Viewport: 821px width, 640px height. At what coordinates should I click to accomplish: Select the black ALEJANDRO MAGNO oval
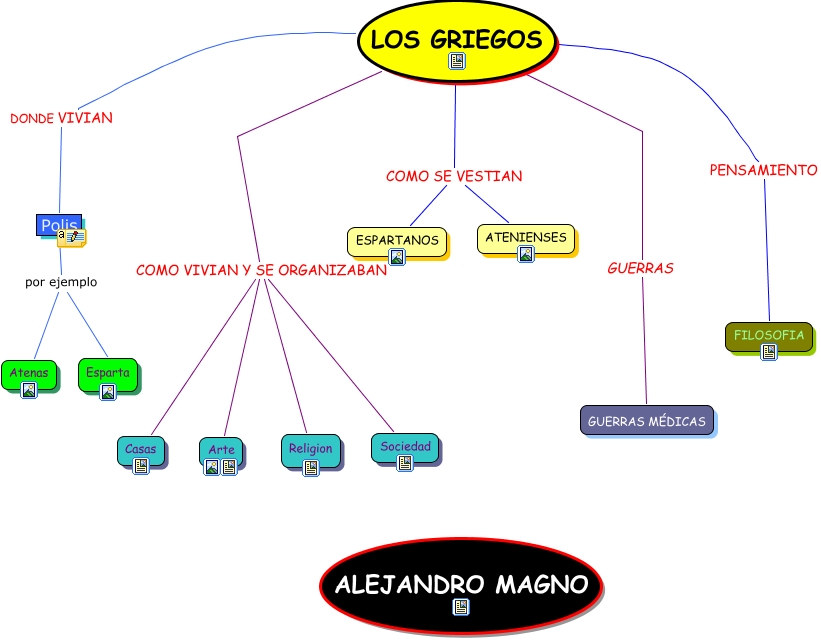(461, 586)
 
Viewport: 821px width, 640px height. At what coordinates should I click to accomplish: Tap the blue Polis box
(59, 226)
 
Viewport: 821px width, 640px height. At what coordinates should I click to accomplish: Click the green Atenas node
(29, 373)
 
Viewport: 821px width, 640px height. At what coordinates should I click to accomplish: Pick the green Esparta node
(107, 373)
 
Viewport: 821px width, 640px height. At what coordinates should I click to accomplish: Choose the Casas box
(141, 450)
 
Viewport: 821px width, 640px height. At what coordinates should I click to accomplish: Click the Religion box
(310, 450)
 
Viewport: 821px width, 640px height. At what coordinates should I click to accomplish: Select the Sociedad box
(405, 446)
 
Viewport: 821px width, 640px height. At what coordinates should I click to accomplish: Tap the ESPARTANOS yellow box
(397, 240)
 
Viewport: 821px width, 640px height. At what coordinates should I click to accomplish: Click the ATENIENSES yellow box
(526, 238)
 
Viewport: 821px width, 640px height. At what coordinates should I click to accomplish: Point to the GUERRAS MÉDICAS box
(646, 421)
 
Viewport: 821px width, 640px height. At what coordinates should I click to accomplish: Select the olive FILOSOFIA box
(768, 336)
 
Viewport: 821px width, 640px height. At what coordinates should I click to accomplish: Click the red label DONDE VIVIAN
(61, 118)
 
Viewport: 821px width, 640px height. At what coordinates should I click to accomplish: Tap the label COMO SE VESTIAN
(454, 176)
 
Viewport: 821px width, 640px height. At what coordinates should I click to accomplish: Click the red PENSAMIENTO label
(763, 170)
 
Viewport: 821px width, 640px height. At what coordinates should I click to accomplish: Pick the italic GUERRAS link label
(640, 268)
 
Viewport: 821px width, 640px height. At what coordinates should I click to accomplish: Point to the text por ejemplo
(61, 282)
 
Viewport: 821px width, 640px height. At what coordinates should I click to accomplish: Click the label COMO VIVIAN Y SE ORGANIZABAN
(261, 270)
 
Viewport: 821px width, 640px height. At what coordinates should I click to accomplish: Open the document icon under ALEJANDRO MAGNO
(461, 607)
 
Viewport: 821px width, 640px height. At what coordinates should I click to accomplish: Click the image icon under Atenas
(29, 390)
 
